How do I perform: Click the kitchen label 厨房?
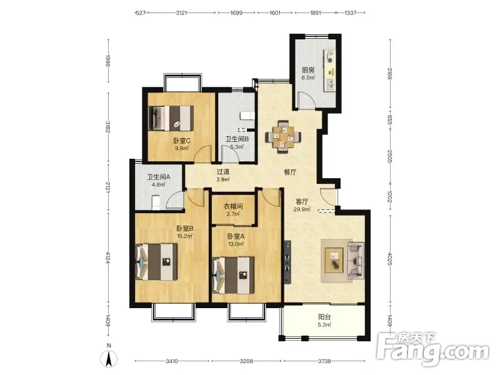[308, 70]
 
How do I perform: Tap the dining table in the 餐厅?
[284, 136]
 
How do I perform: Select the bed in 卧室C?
[171, 118]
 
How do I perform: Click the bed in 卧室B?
[157, 262]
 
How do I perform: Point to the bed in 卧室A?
[233, 275]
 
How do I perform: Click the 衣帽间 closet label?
[232, 206]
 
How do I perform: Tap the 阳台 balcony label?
[324, 317]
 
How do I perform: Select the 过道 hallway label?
[223, 171]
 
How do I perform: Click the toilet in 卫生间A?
[156, 202]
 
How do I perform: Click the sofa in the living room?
[356, 260]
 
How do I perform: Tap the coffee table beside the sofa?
[334, 260]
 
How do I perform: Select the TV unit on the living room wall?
[288, 262]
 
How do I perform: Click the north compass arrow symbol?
[109, 359]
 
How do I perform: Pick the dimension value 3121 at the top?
[181, 13]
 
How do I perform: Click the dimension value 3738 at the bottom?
[324, 361]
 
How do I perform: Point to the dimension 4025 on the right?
[389, 259]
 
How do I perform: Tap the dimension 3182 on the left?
[108, 127]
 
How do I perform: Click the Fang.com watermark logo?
[432, 350]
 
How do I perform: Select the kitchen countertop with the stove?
[330, 70]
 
